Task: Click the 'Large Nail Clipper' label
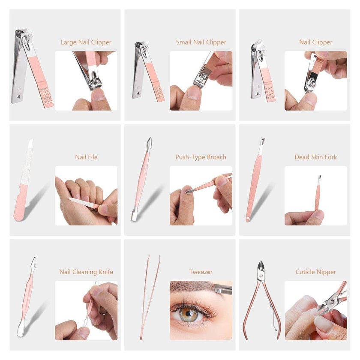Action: click(x=86, y=42)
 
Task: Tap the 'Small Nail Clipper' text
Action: click(x=201, y=42)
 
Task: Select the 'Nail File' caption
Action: click(x=86, y=157)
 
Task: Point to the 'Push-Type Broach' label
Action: click(x=201, y=157)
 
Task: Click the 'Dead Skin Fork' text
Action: click(x=316, y=157)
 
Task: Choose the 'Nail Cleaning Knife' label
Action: click(x=86, y=272)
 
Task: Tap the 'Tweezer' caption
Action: click(x=201, y=272)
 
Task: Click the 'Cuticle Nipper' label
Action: click(x=316, y=272)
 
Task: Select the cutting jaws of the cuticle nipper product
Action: click(x=261, y=267)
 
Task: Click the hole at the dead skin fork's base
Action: click(x=248, y=218)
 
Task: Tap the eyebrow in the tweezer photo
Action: click(x=193, y=287)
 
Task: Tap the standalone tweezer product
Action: click(x=149, y=296)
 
